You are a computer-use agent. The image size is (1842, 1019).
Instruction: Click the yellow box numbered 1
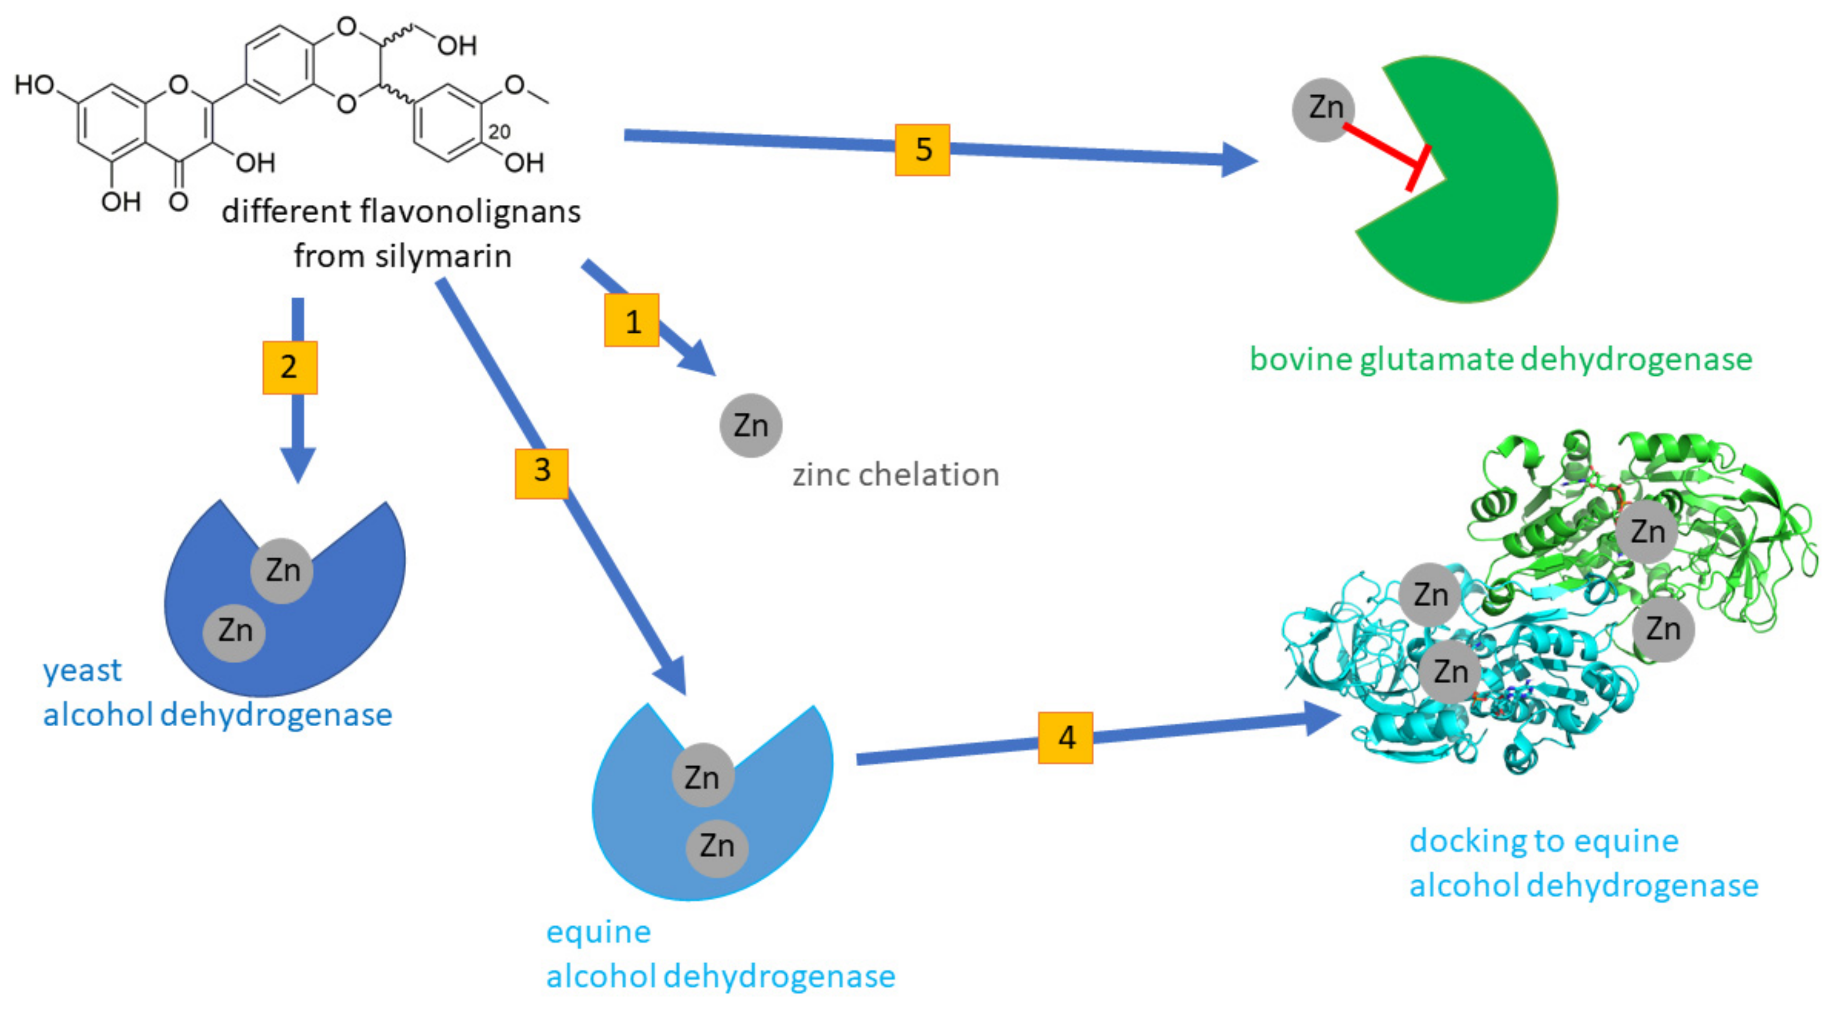coord(631,320)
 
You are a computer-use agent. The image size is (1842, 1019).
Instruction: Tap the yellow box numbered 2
coord(290,367)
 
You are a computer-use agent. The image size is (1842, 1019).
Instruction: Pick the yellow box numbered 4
coord(1066,737)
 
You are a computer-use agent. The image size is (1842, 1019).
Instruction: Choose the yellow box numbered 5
coord(922,150)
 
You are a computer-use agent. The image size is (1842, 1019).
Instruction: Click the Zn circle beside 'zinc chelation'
coord(751,426)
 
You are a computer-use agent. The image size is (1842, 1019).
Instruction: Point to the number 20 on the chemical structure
coord(499,132)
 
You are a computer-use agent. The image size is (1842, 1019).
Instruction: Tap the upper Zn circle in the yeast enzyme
coord(282,571)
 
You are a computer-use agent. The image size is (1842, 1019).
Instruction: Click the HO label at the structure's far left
coord(35,85)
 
